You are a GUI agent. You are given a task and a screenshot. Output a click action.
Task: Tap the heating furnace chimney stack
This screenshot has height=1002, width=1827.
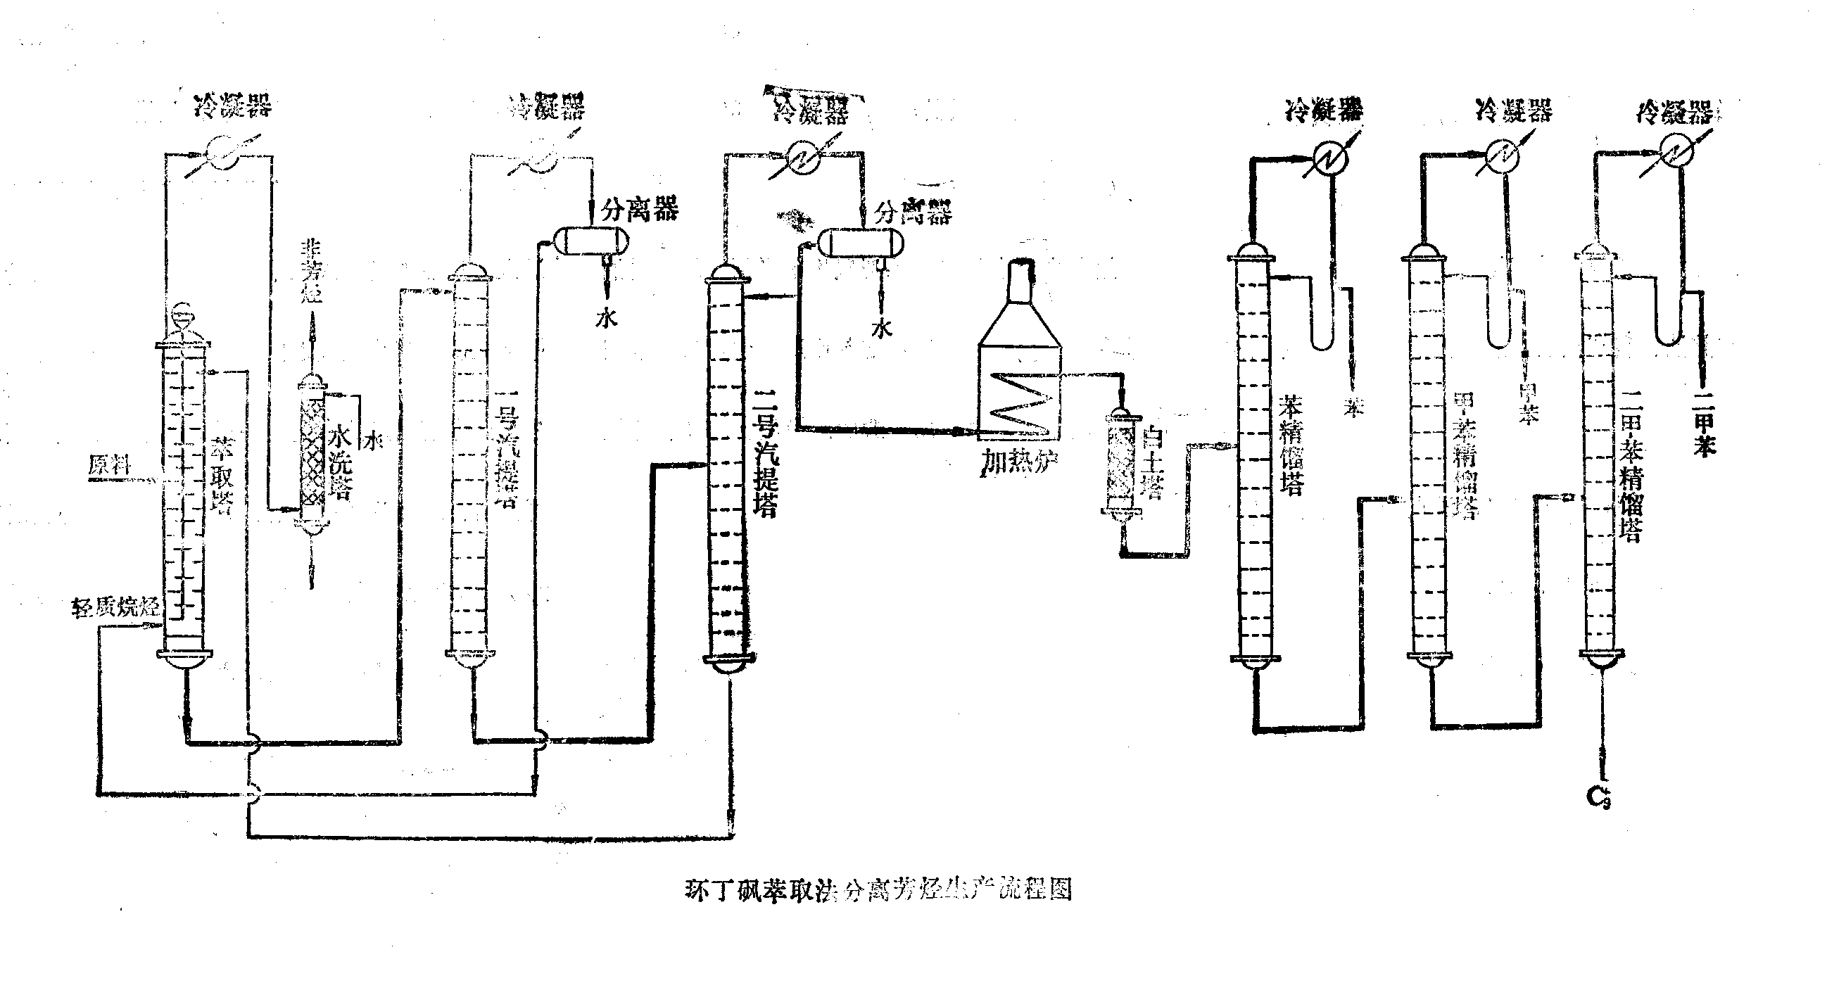1020,282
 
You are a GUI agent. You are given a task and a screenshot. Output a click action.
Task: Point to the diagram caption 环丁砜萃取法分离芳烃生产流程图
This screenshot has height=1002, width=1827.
878,889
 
